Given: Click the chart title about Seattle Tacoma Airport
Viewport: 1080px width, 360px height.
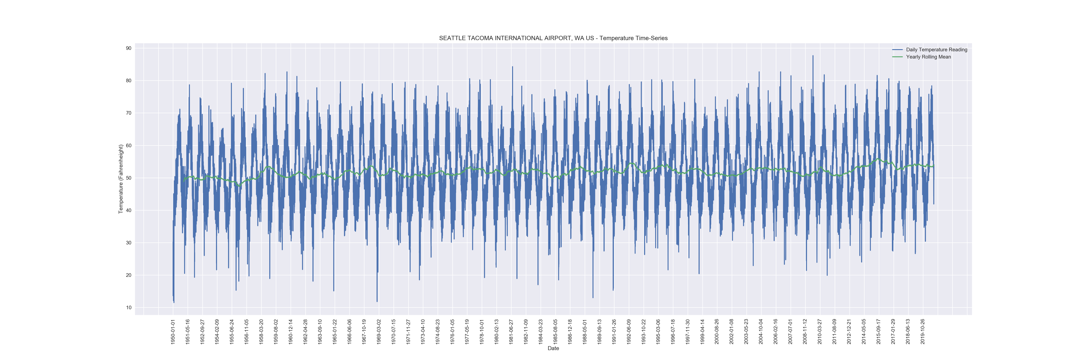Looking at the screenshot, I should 553,38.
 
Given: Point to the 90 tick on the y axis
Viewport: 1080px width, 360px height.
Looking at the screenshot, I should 128,48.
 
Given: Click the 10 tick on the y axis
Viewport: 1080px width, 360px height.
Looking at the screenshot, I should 128,308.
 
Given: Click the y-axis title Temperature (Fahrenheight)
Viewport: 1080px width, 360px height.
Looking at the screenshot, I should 121,179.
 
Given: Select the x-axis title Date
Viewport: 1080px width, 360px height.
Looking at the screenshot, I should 553,348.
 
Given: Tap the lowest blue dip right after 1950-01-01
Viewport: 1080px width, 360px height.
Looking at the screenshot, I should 174,302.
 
